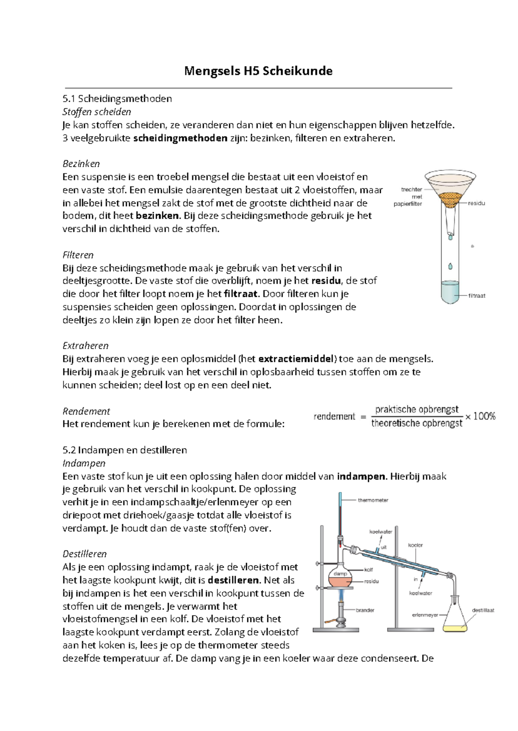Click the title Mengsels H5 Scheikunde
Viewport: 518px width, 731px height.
click(258, 71)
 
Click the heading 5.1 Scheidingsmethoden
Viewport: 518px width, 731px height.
click(117, 98)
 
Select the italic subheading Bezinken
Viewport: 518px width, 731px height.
click(81, 164)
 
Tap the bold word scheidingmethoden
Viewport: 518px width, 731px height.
click(180, 138)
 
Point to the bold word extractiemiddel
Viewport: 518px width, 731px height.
click(296, 359)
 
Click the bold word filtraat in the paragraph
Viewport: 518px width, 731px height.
click(240, 294)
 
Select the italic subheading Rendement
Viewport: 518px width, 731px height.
click(86, 411)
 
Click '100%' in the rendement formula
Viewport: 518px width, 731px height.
click(484, 416)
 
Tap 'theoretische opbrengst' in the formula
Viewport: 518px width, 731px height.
click(416, 423)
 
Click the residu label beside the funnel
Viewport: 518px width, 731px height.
click(476, 203)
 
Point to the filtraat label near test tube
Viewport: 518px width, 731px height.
click(477, 296)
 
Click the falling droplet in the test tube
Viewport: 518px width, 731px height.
click(450, 266)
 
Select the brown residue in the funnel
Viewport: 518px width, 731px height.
click(450, 199)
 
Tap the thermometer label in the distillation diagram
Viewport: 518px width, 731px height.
click(373, 500)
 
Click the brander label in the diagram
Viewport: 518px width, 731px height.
click(365, 610)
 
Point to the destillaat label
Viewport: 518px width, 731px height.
click(483, 610)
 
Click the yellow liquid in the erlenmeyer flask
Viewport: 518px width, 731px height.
click(455, 629)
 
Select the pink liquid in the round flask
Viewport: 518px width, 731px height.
click(341, 582)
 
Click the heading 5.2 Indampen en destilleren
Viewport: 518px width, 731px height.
click(125, 450)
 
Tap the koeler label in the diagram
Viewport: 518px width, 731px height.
click(415, 545)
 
